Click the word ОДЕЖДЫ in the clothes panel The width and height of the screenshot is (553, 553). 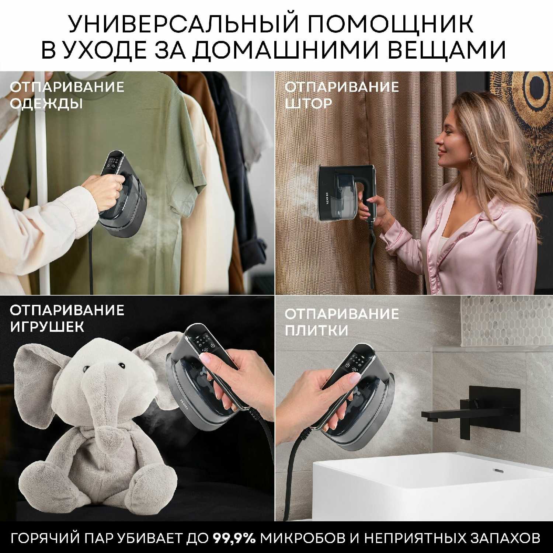pyautogui.click(x=46, y=104)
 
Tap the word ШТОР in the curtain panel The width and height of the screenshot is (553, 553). pyautogui.click(x=308, y=103)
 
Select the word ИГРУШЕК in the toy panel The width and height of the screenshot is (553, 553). pyautogui.click(x=47, y=327)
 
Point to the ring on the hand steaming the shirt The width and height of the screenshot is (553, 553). pyautogui.click(x=119, y=186)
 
